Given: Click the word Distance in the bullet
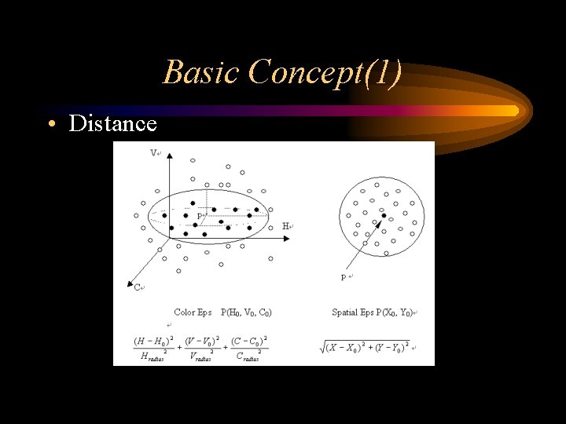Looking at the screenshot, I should click(112, 124).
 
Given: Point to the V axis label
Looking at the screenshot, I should click(153, 153).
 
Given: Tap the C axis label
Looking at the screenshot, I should click(137, 287).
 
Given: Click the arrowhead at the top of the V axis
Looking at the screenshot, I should click(168, 150).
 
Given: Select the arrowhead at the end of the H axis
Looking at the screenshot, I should click(277, 226).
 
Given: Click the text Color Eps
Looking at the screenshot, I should click(193, 313).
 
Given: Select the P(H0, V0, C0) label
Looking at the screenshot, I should click(247, 313).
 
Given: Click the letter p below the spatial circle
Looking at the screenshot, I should click(344, 277).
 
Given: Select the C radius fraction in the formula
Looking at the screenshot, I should click(248, 348).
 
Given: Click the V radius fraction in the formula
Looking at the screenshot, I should click(201, 348).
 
